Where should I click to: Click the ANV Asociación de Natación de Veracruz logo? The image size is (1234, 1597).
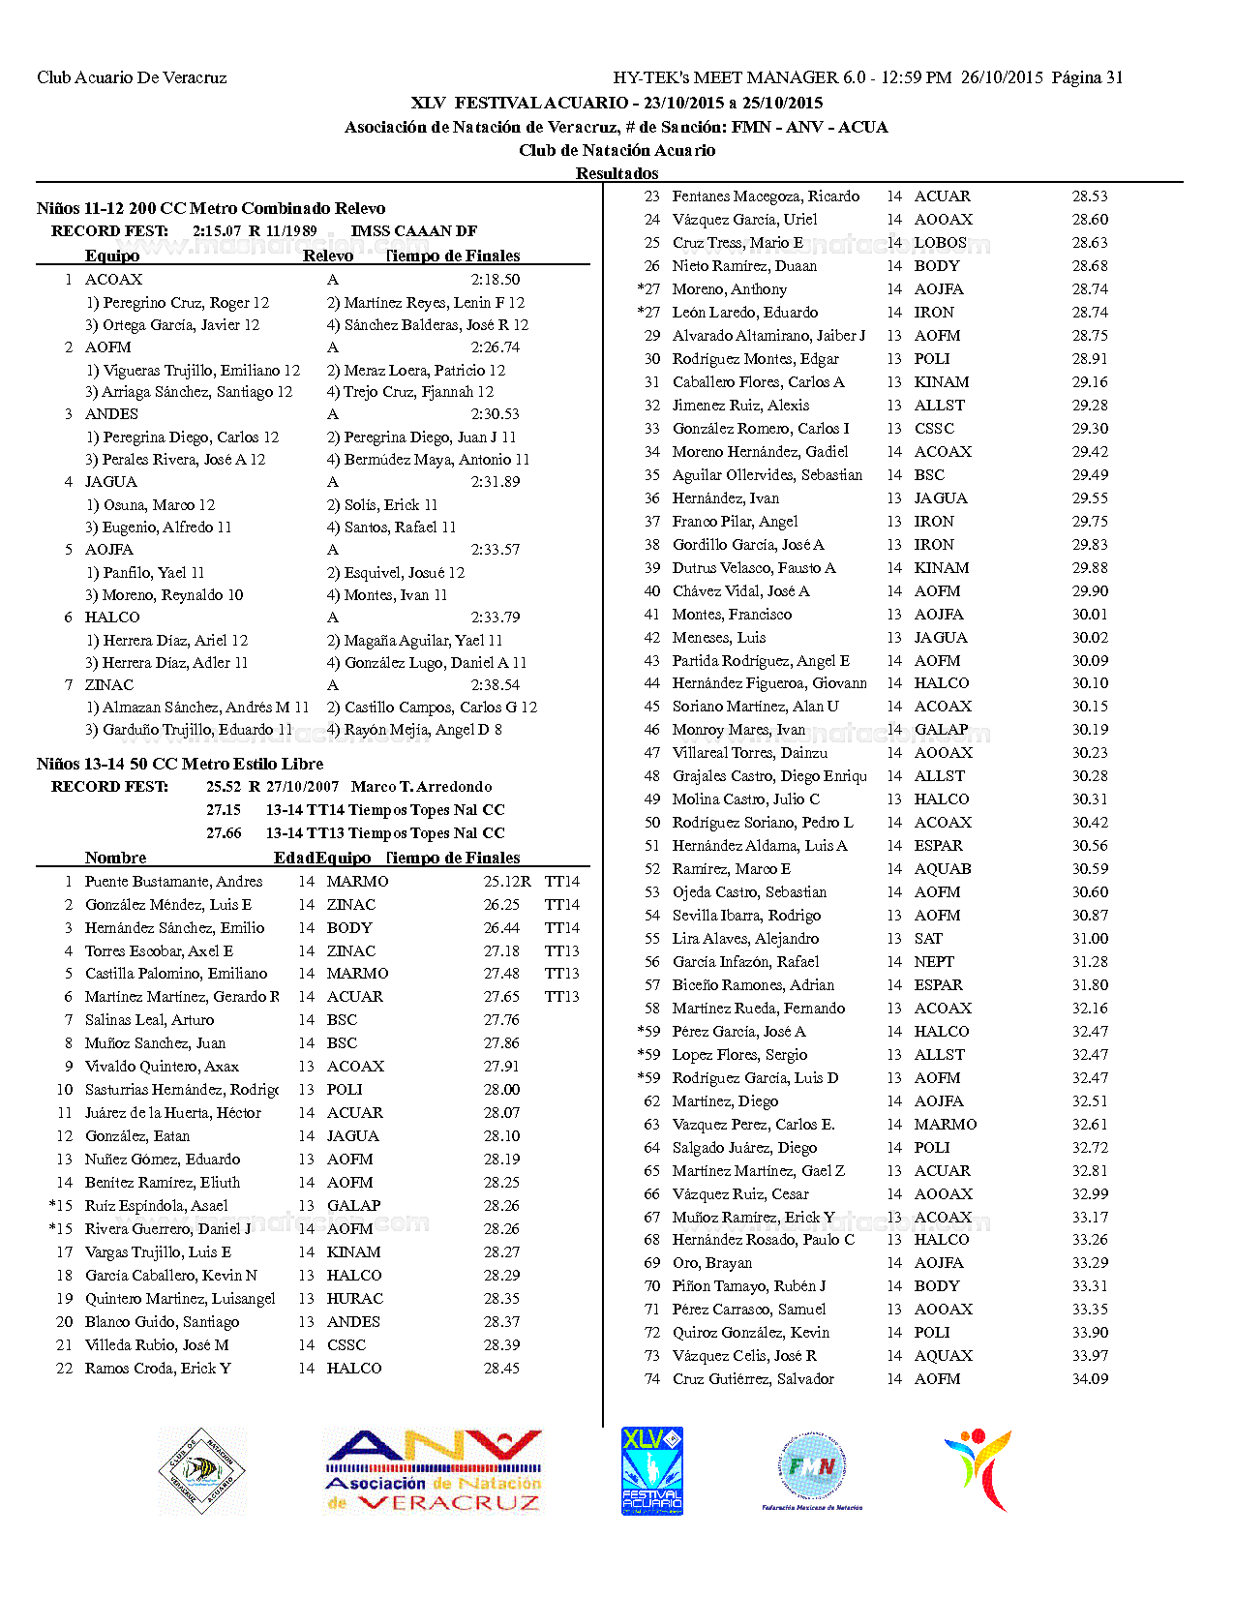click(434, 1471)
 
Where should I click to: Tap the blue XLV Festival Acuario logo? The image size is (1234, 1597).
click(651, 1470)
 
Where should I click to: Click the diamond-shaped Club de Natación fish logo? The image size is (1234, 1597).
click(201, 1471)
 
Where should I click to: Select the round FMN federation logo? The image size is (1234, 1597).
click(812, 1468)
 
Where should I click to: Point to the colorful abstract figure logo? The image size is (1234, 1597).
click(978, 1469)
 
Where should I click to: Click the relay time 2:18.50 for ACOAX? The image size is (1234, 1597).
click(496, 280)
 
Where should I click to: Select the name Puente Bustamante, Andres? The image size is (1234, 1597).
click(173, 882)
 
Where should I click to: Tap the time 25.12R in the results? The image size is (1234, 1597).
click(507, 882)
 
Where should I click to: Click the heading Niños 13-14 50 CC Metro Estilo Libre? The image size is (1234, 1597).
click(180, 764)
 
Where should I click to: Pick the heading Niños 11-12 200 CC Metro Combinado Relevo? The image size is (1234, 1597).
click(211, 208)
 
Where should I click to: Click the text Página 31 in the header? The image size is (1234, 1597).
click(1087, 77)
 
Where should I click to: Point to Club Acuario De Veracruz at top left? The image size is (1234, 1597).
click(132, 77)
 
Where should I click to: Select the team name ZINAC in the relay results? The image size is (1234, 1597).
click(109, 684)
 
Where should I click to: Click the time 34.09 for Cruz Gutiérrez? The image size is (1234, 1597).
click(1090, 1379)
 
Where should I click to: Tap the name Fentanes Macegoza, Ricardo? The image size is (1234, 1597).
click(766, 196)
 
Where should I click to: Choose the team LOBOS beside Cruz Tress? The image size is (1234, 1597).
click(940, 243)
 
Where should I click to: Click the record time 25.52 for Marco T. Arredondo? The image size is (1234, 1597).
click(224, 787)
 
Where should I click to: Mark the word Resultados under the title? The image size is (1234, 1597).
click(617, 173)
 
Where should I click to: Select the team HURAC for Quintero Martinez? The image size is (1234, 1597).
click(354, 1299)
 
